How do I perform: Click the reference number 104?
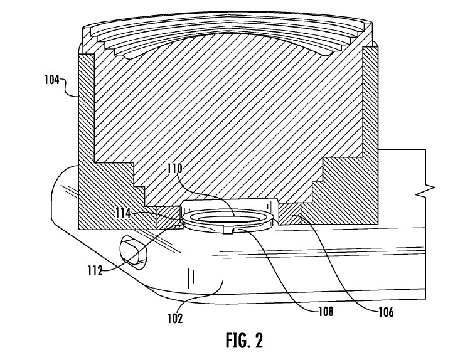[52, 80]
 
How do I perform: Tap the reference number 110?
[175, 168]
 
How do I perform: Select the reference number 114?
[123, 213]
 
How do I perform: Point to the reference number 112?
[95, 270]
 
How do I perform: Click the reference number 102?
[175, 318]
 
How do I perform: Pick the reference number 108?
[326, 311]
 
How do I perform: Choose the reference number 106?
[386, 312]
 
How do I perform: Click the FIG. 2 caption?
[244, 340]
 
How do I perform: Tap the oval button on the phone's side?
[134, 253]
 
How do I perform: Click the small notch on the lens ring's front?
[229, 231]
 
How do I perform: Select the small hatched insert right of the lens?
[290, 214]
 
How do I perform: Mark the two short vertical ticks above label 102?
[188, 277]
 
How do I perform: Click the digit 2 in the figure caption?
[259, 340]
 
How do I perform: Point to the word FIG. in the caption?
[237, 340]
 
